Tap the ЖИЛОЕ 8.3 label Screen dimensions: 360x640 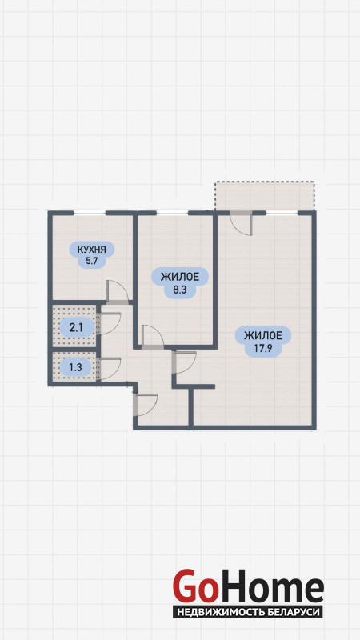pyautogui.click(x=180, y=283)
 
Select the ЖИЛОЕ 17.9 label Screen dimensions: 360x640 pyautogui.click(x=263, y=342)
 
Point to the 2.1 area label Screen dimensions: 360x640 pyautogui.click(x=76, y=326)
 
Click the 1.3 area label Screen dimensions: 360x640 pyautogui.click(x=75, y=367)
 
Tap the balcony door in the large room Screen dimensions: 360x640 pyautogui.click(x=241, y=224)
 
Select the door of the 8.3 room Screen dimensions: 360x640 pyautogui.click(x=152, y=337)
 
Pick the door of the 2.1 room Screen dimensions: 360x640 pyautogui.click(x=109, y=324)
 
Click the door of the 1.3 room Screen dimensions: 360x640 pyautogui.click(x=109, y=369)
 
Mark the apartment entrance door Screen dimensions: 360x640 pyautogui.click(x=146, y=405)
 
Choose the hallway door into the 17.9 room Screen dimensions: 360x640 pyautogui.click(x=184, y=362)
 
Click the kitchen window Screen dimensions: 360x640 pyautogui.click(x=90, y=213)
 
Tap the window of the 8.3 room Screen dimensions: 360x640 pyautogui.click(x=172, y=213)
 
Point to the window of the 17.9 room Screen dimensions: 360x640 pyautogui.click(x=282, y=213)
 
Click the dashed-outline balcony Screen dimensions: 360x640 pyautogui.click(x=265, y=196)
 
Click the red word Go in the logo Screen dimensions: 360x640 pyautogui.click(x=194, y=587)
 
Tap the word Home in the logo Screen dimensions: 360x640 pyautogui.click(x=270, y=587)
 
